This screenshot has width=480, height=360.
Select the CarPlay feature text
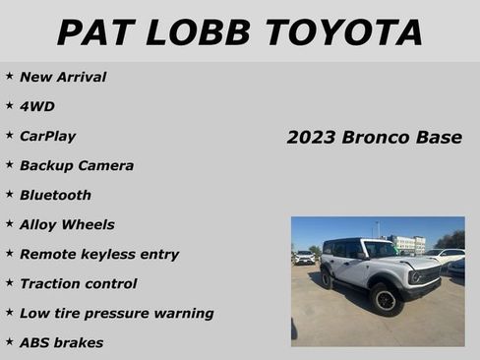(x=47, y=136)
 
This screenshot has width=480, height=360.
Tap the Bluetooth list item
(x=55, y=195)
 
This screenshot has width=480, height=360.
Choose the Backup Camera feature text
(x=77, y=165)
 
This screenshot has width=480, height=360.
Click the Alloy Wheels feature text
(x=67, y=224)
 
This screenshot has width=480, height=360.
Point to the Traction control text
(x=79, y=283)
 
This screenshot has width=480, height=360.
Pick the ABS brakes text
(x=61, y=342)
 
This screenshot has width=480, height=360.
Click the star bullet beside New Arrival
(x=9, y=76)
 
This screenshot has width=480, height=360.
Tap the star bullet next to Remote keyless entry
(x=9, y=253)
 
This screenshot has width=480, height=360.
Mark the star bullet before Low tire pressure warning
(x=9, y=312)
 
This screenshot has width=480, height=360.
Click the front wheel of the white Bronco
(x=385, y=298)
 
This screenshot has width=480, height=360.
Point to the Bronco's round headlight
(x=416, y=277)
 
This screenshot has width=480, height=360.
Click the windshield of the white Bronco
(x=378, y=249)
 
